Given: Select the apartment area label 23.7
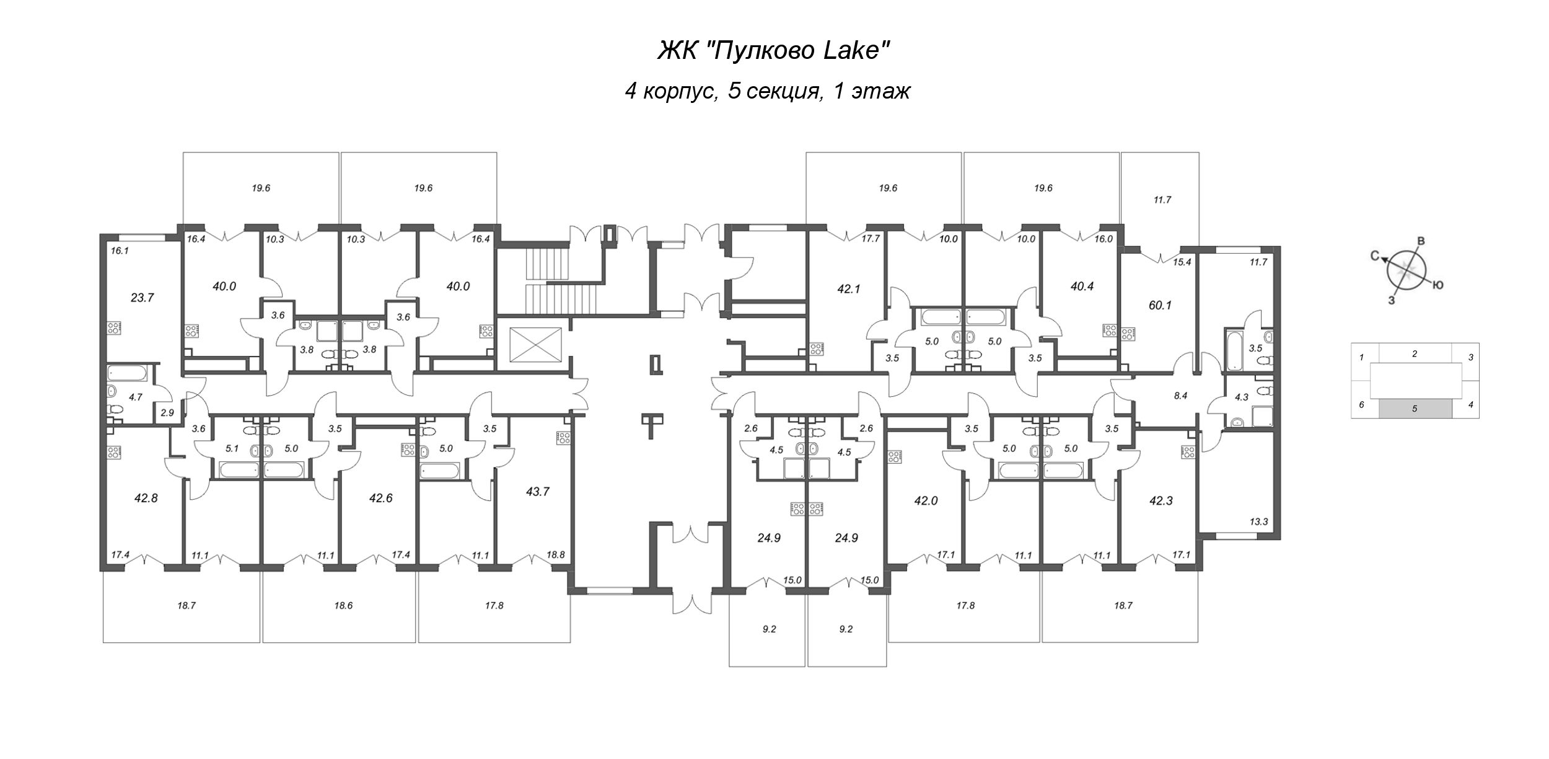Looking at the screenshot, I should [142, 298].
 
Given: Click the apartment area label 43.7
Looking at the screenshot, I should [537, 492].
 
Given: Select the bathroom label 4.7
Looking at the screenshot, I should [136, 397].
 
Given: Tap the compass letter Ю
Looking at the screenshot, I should [1439, 285].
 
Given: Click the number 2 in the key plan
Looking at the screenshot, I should [1415, 354].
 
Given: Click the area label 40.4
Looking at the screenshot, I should [1082, 287].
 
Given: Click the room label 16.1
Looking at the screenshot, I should [119, 251].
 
